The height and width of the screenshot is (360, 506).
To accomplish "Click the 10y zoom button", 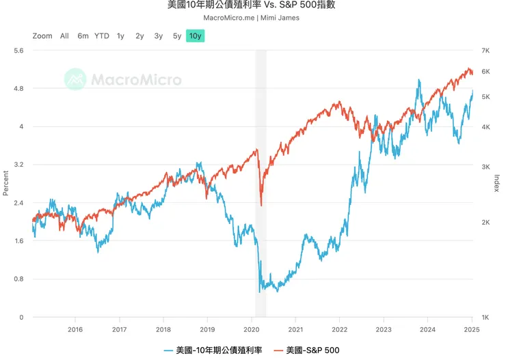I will pos(196,36).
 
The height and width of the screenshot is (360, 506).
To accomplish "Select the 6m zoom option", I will pos(83,36).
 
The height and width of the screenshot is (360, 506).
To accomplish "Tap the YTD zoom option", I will pos(102,36).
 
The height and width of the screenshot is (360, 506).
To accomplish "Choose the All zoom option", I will pos(64,36).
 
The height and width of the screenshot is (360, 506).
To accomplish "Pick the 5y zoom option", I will pos(177,36).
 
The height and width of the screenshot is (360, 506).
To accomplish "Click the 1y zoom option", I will pos(120,36).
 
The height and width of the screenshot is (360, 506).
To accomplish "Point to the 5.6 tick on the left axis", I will pos(18,51).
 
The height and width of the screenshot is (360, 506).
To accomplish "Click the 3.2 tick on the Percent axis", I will pos(18,165).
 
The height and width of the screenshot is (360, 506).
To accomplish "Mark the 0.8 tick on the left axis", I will pos(18,279).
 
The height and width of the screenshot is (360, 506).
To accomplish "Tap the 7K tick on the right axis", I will pos(485,51).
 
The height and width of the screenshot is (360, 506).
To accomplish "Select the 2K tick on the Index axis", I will pos(485,223).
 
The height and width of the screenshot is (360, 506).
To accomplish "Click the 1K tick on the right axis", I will pos(485,318).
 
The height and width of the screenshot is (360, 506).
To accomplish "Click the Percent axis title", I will pos(5,184).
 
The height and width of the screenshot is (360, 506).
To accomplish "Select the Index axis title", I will pos(496,184).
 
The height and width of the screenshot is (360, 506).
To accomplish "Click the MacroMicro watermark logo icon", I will pos(75,79).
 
